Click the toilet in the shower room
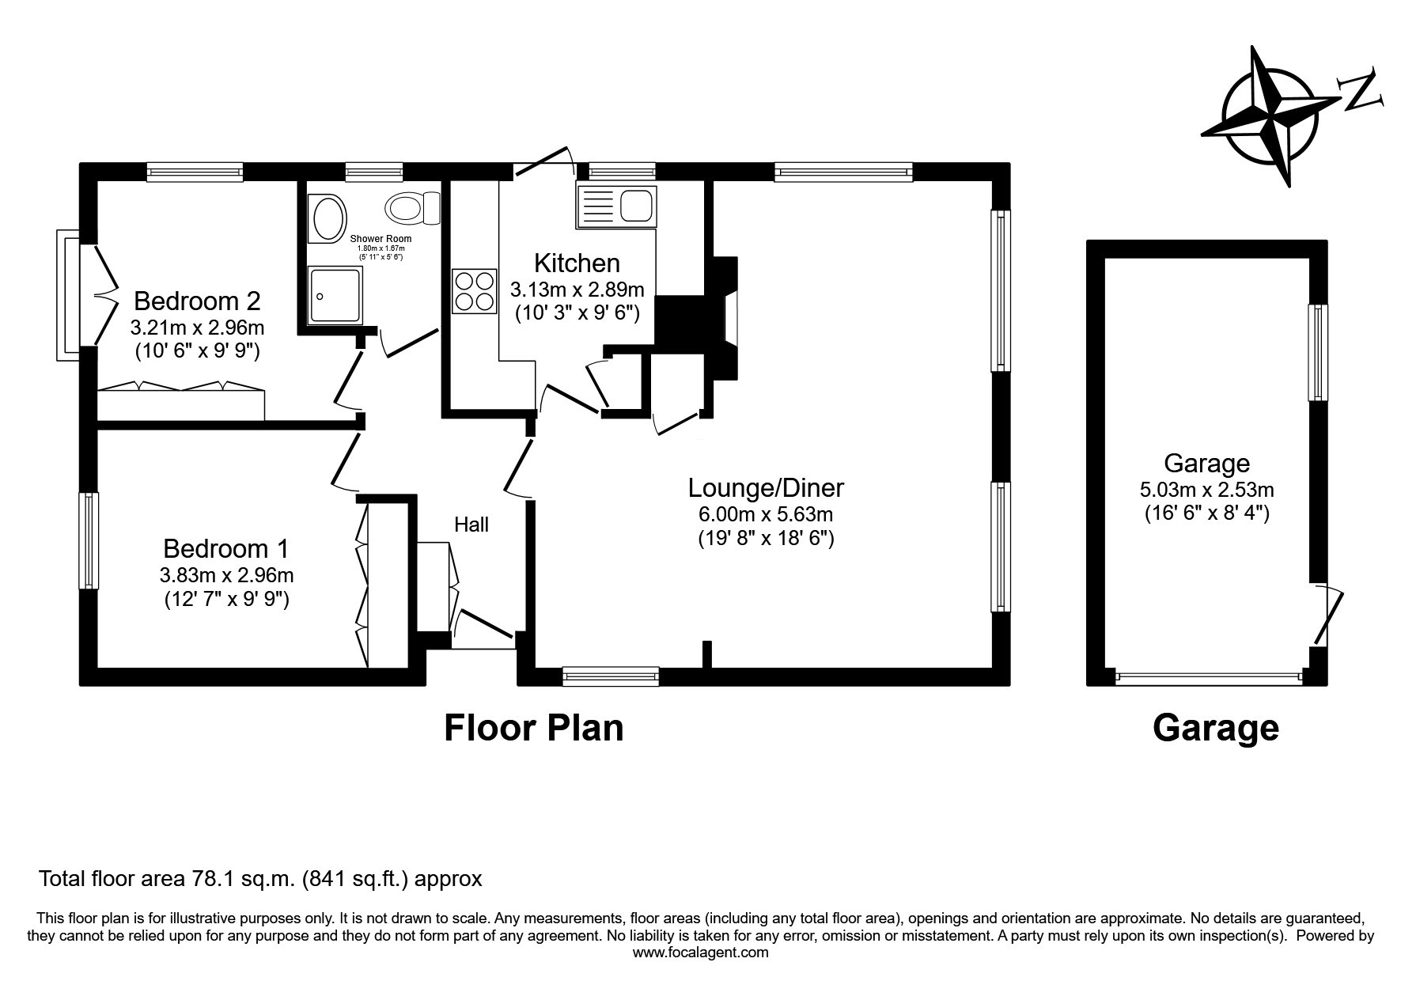413,208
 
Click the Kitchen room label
577,263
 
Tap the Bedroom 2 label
197,301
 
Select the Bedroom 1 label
226,548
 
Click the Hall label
471,525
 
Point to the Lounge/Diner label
766,487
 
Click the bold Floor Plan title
534,728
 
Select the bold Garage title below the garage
1216,728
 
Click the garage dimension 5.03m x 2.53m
1206,490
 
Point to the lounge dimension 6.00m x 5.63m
766,515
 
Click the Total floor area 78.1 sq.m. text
260,879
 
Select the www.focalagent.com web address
700,953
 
